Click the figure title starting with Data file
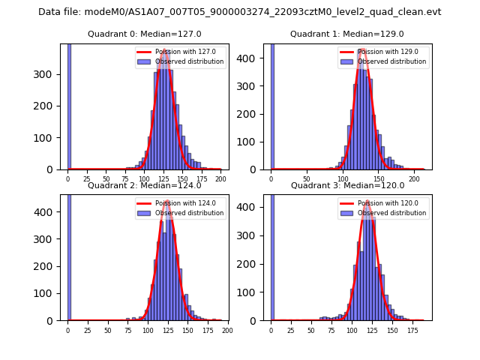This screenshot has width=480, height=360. click(x=239, y=12)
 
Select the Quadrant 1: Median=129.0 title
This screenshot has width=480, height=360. click(x=346, y=34)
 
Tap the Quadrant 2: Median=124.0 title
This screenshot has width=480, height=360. click(x=144, y=185)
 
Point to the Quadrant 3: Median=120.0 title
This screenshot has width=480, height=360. click(x=347, y=185)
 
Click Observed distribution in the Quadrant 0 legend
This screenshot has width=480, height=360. click(x=189, y=61)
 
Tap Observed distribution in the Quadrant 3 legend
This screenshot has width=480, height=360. click(x=392, y=213)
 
